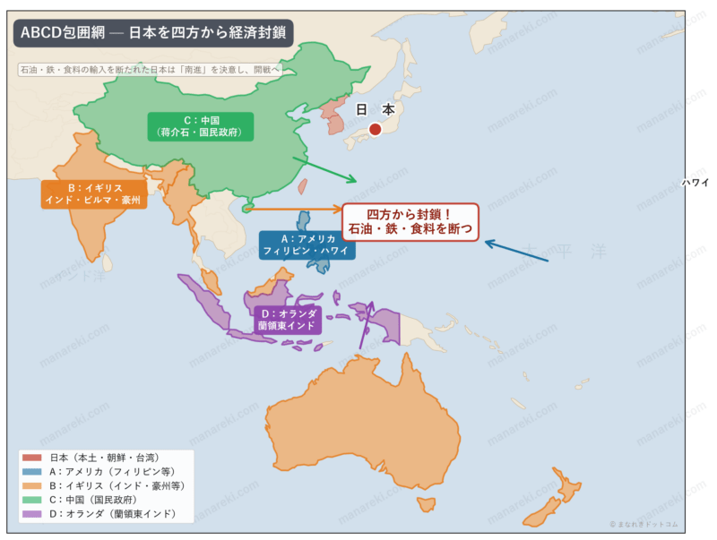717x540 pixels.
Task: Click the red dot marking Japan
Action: click(375, 129)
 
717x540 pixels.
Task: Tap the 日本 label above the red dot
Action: click(375, 109)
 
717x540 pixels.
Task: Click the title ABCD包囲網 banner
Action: click(153, 32)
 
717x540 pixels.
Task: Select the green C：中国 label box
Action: click(202, 126)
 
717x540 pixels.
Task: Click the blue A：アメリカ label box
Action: click(307, 244)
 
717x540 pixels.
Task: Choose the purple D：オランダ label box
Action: click(287, 320)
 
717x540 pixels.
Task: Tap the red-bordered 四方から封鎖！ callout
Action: click(410, 222)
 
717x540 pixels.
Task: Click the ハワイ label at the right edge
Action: click(695, 182)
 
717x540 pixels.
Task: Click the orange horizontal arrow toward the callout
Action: click(296, 210)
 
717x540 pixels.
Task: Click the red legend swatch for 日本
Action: click(35, 458)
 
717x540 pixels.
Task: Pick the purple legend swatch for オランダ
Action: click(35, 514)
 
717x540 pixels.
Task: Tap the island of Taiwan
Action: click(302, 187)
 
